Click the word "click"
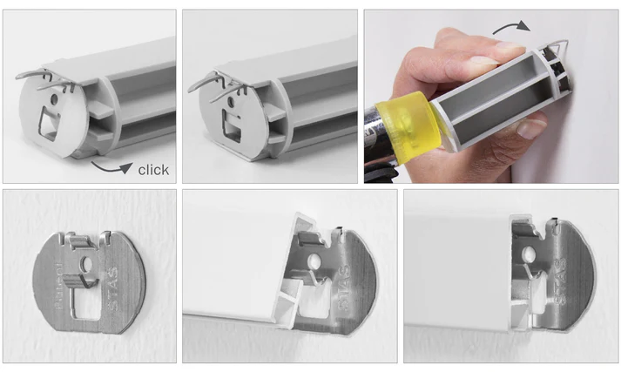[153, 169]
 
